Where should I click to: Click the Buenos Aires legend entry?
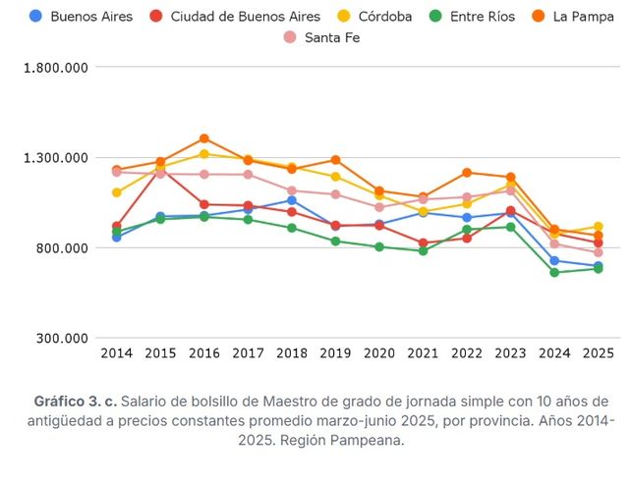[x=84, y=17]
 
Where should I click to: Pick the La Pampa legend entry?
[x=576, y=17]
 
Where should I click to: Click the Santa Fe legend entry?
[x=323, y=37]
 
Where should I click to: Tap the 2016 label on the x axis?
[x=204, y=353]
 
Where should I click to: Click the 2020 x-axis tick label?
[x=379, y=353]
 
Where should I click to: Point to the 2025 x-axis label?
[x=598, y=353]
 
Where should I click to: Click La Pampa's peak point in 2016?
[x=204, y=138]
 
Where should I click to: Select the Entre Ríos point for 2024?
[x=554, y=272]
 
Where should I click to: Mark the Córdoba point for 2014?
[x=117, y=192]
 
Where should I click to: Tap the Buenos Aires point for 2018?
[x=292, y=200]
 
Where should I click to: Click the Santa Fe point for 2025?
[x=598, y=252]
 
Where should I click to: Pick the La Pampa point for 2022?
[x=467, y=173]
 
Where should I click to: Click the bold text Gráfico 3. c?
[x=76, y=402]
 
